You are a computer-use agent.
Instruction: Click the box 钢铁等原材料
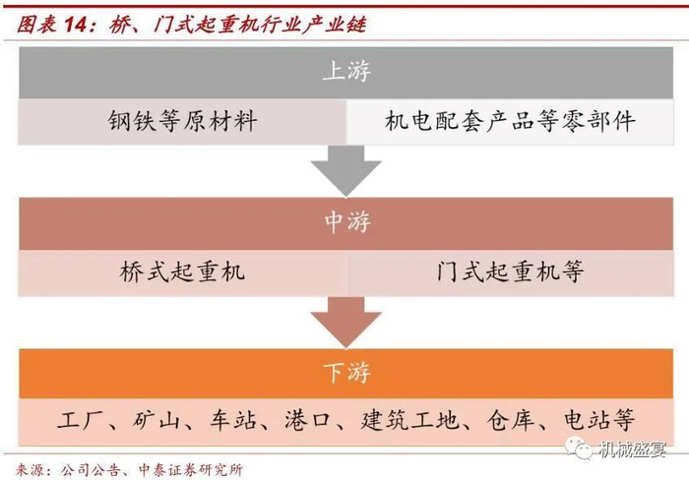(x=182, y=122)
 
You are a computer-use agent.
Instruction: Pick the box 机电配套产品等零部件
(x=510, y=122)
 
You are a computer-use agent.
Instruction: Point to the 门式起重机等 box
(x=510, y=272)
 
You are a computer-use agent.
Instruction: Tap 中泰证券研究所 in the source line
(x=194, y=468)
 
